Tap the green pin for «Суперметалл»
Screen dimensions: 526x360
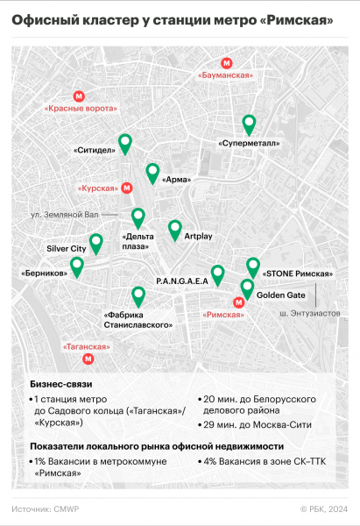tap(250, 124)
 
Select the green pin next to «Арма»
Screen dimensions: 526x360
tap(153, 173)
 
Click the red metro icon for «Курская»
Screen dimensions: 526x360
tap(126, 187)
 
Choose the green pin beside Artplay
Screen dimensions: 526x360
tap(173, 230)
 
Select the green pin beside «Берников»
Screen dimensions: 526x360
tap(76, 267)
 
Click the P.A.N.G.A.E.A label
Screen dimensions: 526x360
tap(181, 281)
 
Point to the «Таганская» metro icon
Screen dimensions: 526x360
tap(87, 358)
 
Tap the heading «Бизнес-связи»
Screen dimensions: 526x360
tap(60, 384)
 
